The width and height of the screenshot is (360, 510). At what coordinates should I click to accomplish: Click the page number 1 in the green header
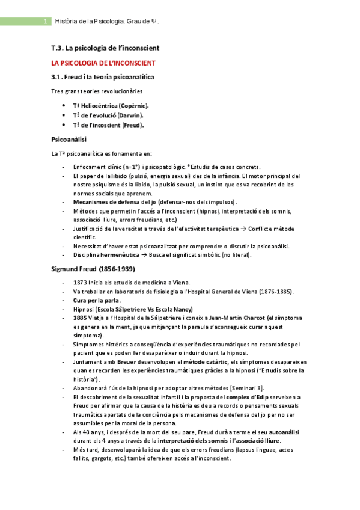pyautogui.click(x=46, y=22)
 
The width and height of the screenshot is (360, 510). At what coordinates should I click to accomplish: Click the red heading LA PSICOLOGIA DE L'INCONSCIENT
pyautogui.click(x=103, y=63)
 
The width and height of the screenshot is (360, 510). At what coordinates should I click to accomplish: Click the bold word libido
pyautogui.click(x=119, y=176)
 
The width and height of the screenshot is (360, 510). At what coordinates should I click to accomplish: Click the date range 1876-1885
pyautogui.click(x=273, y=292)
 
